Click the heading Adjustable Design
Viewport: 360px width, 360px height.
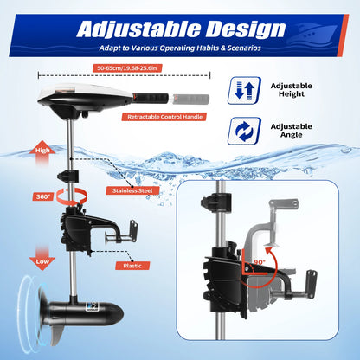pos(180,28)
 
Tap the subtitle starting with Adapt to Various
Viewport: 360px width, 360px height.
pos(180,48)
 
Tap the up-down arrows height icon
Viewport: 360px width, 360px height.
pos(242,89)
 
